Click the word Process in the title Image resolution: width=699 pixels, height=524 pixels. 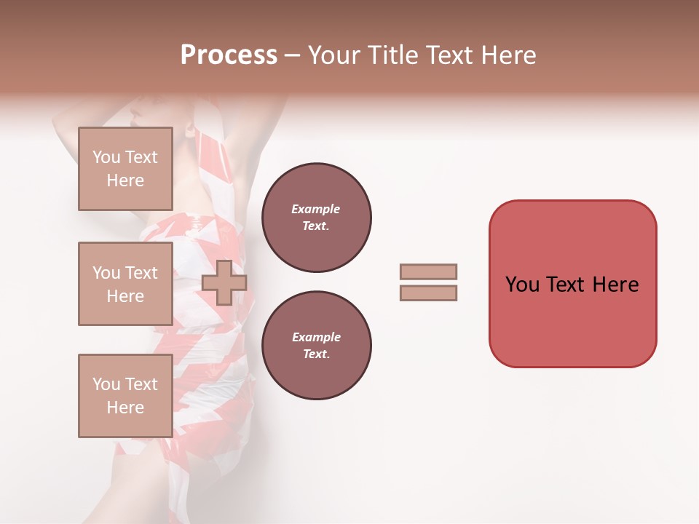pos(229,55)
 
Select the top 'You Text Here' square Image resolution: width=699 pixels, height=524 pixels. pos(125,169)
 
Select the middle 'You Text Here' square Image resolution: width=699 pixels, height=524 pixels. pos(125,284)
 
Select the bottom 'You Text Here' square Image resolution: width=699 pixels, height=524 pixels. pos(125,396)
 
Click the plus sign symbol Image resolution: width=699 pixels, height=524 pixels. pos(224,282)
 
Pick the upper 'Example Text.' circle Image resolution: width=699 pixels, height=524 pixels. pos(316,218)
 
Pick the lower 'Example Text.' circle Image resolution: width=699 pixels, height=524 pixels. pos(316,346)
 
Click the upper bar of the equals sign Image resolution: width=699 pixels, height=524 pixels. pos(428,271)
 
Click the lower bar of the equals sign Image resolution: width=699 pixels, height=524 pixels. pos(428,293)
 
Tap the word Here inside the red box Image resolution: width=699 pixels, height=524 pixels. pos(616,285)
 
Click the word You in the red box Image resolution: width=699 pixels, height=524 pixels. pos(522,285)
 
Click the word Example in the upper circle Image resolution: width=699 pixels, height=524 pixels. pos(316,209)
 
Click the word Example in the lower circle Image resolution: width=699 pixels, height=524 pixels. pos(316,337)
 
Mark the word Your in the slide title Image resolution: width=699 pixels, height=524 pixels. pos(334,55)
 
